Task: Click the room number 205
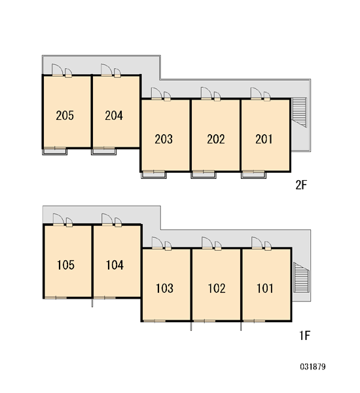(x=65, y=115)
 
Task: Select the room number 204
(x=114, y=115)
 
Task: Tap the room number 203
(x=164, y=139)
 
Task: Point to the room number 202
(x=216, y=139)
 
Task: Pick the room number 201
(x=264, y=139)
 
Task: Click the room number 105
(x=65, y=265)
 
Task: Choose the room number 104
(x=115, y=265)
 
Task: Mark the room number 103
(x=164, y=288)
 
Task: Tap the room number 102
(x=217, y=288)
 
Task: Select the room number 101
(x=265, y=288)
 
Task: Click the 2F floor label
(x=301, y=185)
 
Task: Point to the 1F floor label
(x=305, y=335)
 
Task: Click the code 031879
(x=313, y=367)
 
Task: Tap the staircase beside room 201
(x=299, y=112)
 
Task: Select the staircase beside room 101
(x=301, y=278)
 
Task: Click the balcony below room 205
(x=54, y=152)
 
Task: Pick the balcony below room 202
(x=204, y=175)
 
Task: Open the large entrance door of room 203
(x=156, y=94)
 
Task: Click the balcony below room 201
(x=253, y=175)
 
